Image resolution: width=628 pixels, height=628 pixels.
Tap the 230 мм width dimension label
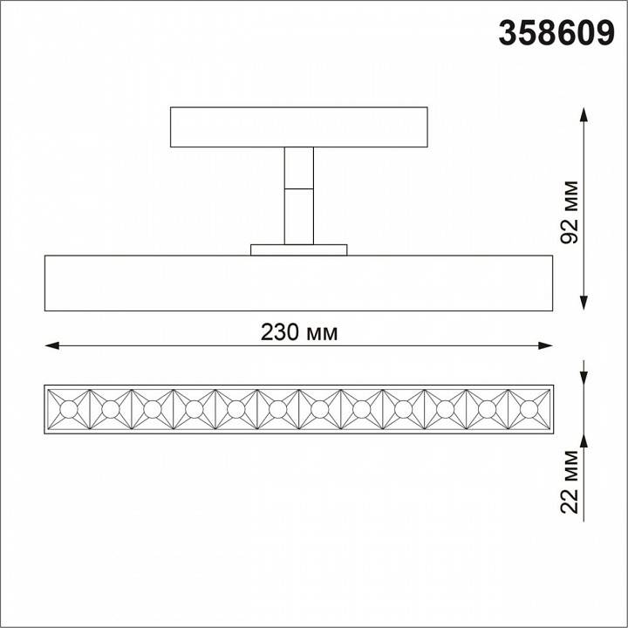[299, 332]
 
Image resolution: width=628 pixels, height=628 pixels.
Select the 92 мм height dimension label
[570, 208]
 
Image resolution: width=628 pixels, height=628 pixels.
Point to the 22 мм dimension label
[570, 479]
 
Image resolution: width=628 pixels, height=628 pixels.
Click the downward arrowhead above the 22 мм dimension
[583, 378]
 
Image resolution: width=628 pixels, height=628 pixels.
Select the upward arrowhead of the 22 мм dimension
[583, 441]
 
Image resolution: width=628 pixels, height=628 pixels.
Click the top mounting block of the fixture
[299, 127]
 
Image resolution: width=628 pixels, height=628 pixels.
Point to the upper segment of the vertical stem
[299, 167]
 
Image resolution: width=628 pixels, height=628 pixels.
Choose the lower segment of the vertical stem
[299, 215]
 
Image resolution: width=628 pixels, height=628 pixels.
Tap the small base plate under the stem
[299, 249]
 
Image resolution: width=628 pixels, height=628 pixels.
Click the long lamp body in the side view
[299, 283]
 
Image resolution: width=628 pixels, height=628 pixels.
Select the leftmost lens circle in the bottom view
[69, 409]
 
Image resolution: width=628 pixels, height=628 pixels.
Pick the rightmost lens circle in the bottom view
[529, 409]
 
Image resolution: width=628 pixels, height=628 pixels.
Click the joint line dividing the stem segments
[299, 188]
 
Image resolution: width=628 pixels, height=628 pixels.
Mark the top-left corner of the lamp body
[44, 256]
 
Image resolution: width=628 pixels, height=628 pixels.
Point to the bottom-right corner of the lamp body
[553, 311]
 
